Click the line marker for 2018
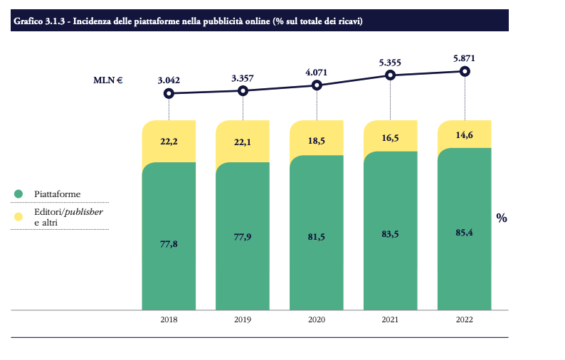[x=169, y=93]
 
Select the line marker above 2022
[x=465, y=71]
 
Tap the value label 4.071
[x=317, y=73]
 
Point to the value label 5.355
[x=391, y=63]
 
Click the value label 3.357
[x=243, y=78]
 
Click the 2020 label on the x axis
[x=317, y=320]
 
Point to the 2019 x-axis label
[x=243, y=320]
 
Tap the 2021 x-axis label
[x=391, y=320]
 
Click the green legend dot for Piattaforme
[x=19, y=194]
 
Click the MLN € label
[x=108, y=80]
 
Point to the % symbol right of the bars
[x=502, y=218]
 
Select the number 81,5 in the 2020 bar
[x=317, y=236]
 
